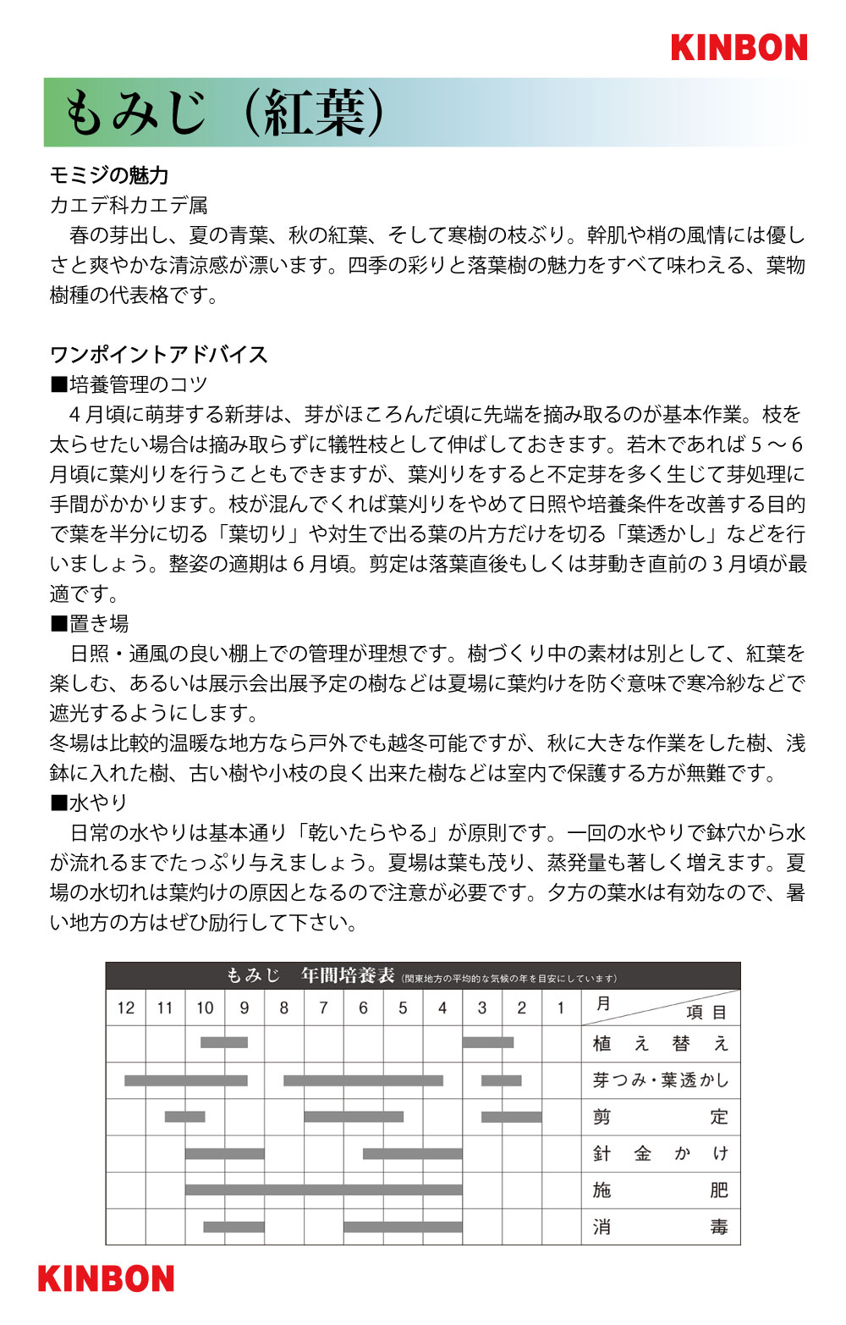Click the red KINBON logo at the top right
tap(739, 47)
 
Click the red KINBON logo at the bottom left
tap(106, 1278)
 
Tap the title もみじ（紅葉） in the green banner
tap(224, 113)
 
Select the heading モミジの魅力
tap(109, 175)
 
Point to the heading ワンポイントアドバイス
tap(158, 354)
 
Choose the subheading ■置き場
tap(90, 623)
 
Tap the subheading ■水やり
tap(90, 802)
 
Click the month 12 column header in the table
tap(126, 1008)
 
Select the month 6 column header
tap(363, 1008)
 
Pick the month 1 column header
tap(561, 1008)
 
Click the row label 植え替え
tap(660, 1044)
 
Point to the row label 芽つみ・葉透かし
tap(660, 1080)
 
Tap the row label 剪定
tap(660, 1117)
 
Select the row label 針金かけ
tap(660, 1153)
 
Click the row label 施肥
tap(660, 1190)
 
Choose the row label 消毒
tap(660, 1226)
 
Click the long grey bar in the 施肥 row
tap(323, 1190)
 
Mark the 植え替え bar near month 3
tap(488, 1042)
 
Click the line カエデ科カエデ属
tap(129, 205)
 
